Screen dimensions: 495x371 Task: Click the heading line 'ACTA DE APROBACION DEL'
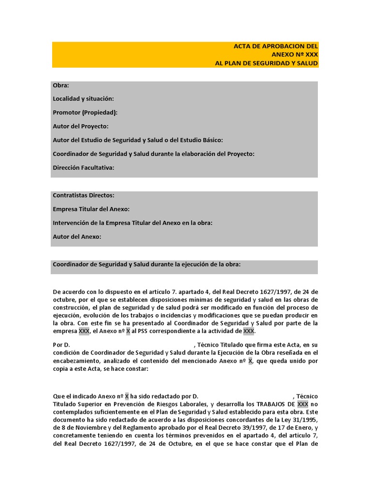276,46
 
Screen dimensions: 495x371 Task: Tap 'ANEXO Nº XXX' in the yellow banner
295,55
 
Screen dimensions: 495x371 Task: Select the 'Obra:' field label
61,86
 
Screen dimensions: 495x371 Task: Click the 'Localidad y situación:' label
83,99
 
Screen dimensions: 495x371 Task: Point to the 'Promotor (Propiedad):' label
85,113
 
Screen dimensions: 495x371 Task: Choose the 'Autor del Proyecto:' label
81,126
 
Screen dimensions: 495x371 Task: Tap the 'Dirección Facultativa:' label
84,168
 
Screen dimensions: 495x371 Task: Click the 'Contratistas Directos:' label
84,195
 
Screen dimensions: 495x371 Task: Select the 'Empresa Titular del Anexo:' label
91,209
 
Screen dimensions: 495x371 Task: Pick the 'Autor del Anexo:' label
77,237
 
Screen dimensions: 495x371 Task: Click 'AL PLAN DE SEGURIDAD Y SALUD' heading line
267,63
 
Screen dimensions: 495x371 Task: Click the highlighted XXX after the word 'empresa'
84,331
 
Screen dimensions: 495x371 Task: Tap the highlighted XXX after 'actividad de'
248,331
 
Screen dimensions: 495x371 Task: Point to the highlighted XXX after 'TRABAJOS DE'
302,404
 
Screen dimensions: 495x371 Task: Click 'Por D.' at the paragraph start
61,345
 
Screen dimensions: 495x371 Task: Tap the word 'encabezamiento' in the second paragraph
76,361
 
